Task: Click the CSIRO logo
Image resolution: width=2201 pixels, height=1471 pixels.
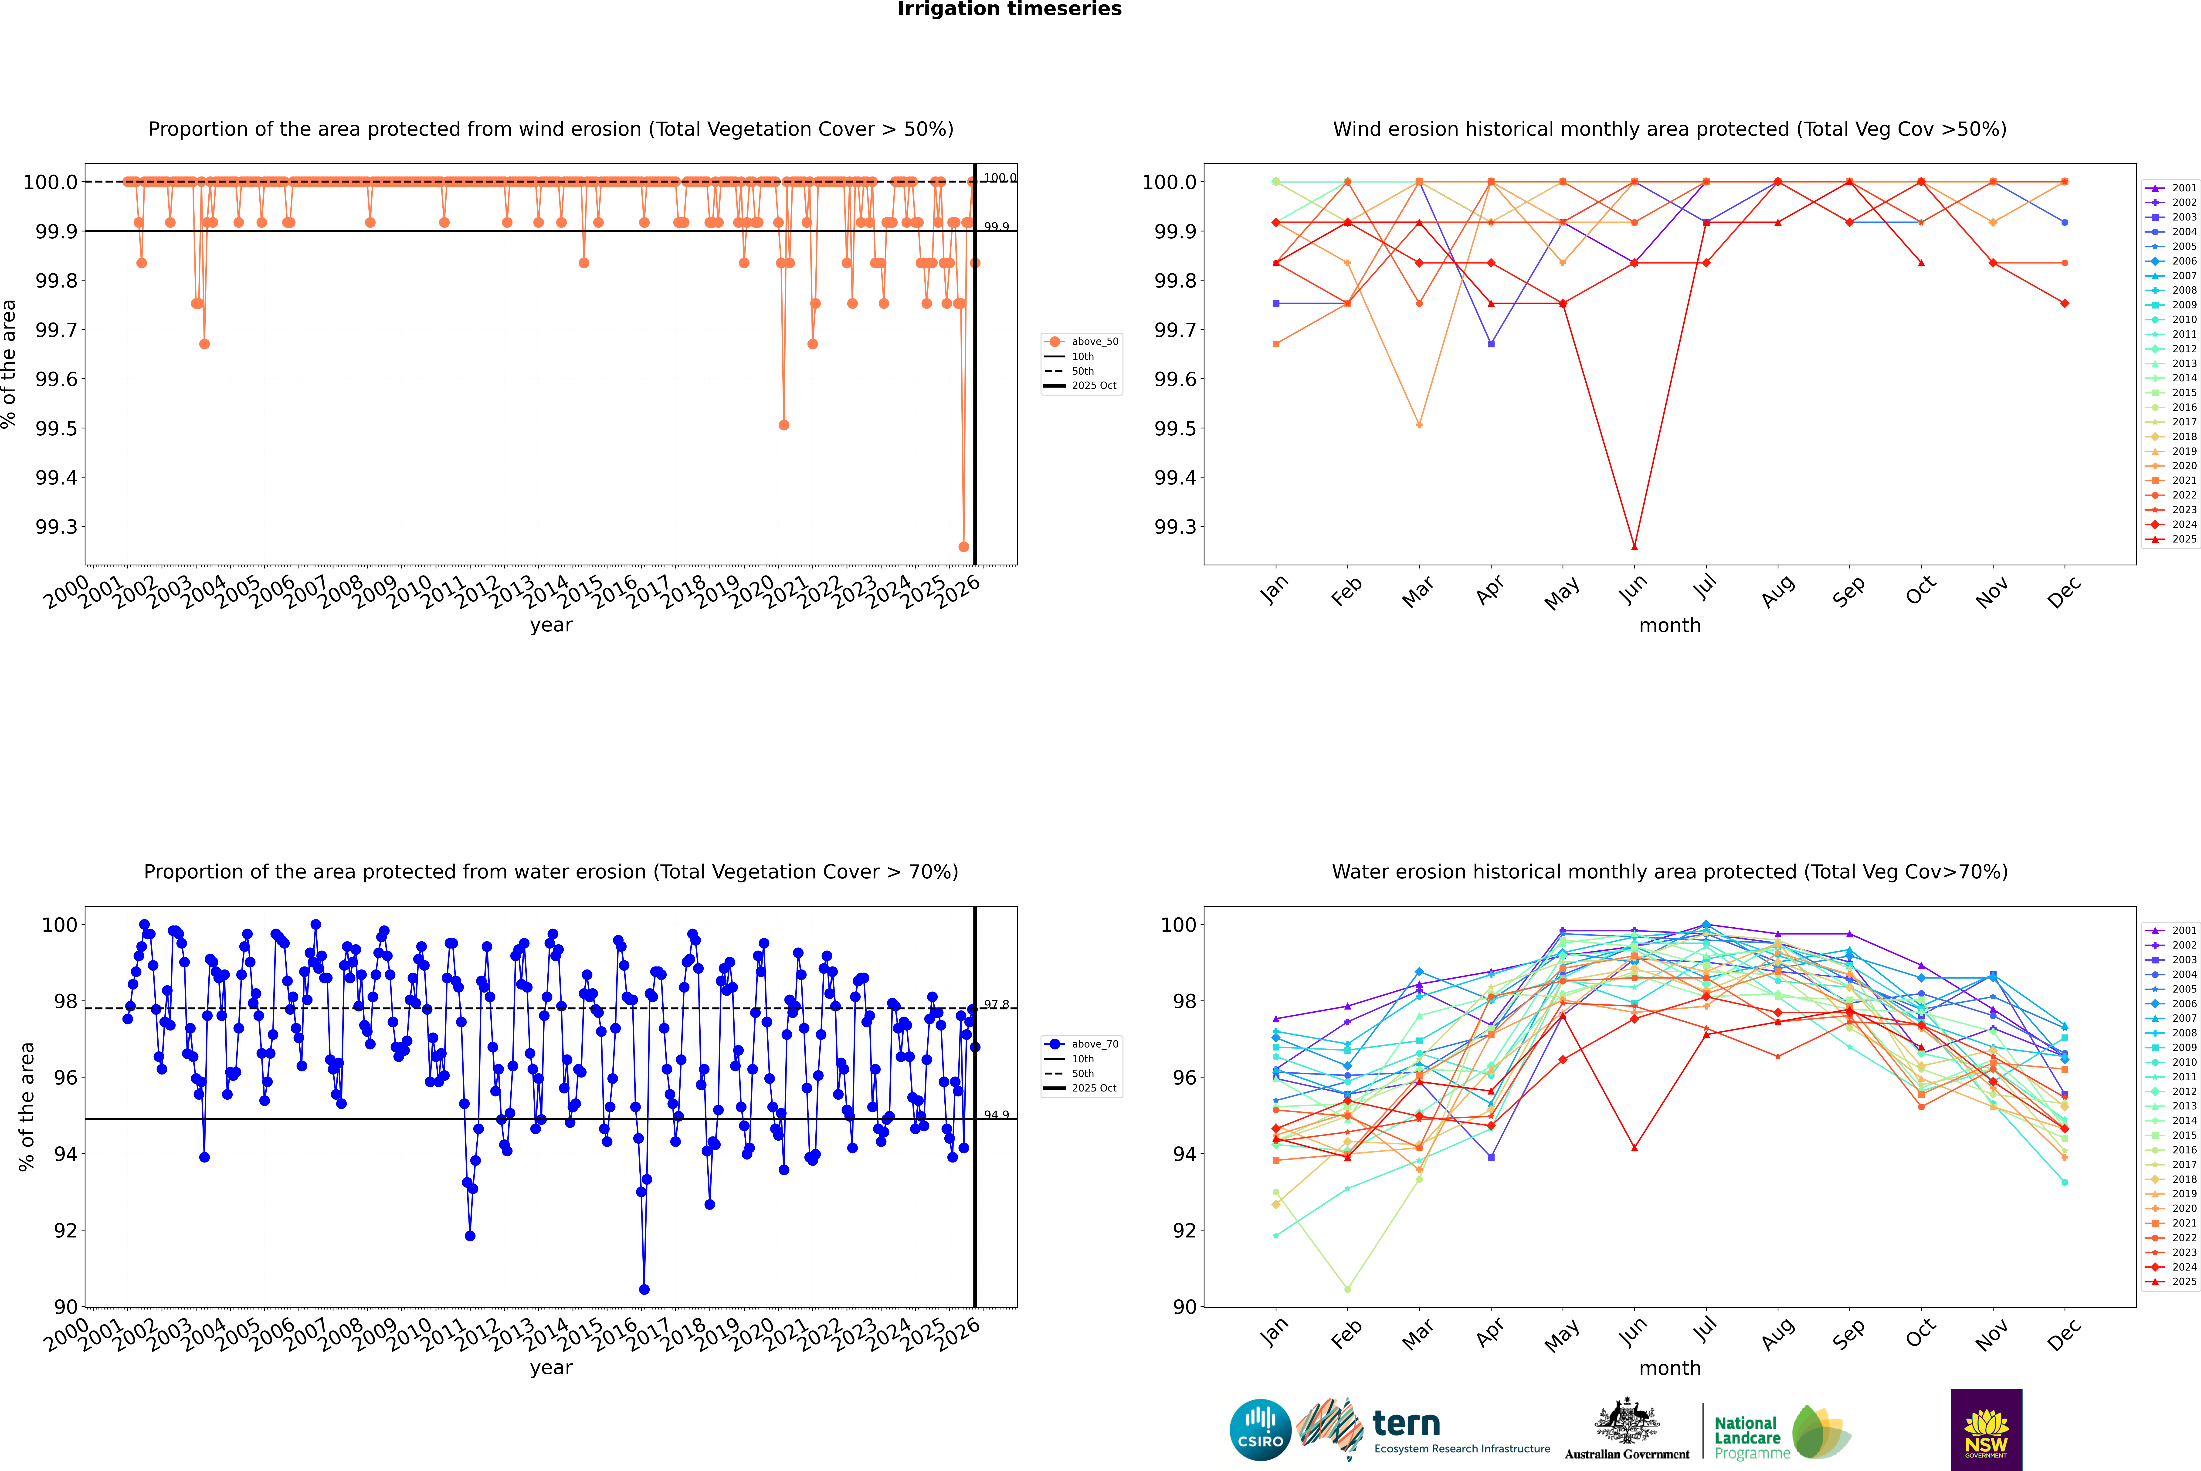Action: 1260,1430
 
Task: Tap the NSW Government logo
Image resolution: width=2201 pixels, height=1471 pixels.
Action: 1986,1430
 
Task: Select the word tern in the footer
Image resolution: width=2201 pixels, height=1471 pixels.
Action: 1405,1423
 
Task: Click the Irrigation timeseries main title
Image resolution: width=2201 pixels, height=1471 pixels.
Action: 1010,9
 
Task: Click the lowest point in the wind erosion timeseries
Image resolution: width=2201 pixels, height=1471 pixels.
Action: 963,547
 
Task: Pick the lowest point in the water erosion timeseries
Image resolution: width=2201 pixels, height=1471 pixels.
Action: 644,1289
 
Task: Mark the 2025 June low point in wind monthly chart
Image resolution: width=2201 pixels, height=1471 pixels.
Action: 1634,547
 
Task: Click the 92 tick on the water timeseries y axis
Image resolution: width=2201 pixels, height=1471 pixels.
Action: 66,1231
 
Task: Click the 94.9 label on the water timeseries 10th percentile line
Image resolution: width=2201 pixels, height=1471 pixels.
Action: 996,1115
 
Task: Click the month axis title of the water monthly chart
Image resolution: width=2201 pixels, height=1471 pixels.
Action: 1669,1368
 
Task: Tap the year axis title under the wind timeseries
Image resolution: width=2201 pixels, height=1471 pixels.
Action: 551,625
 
